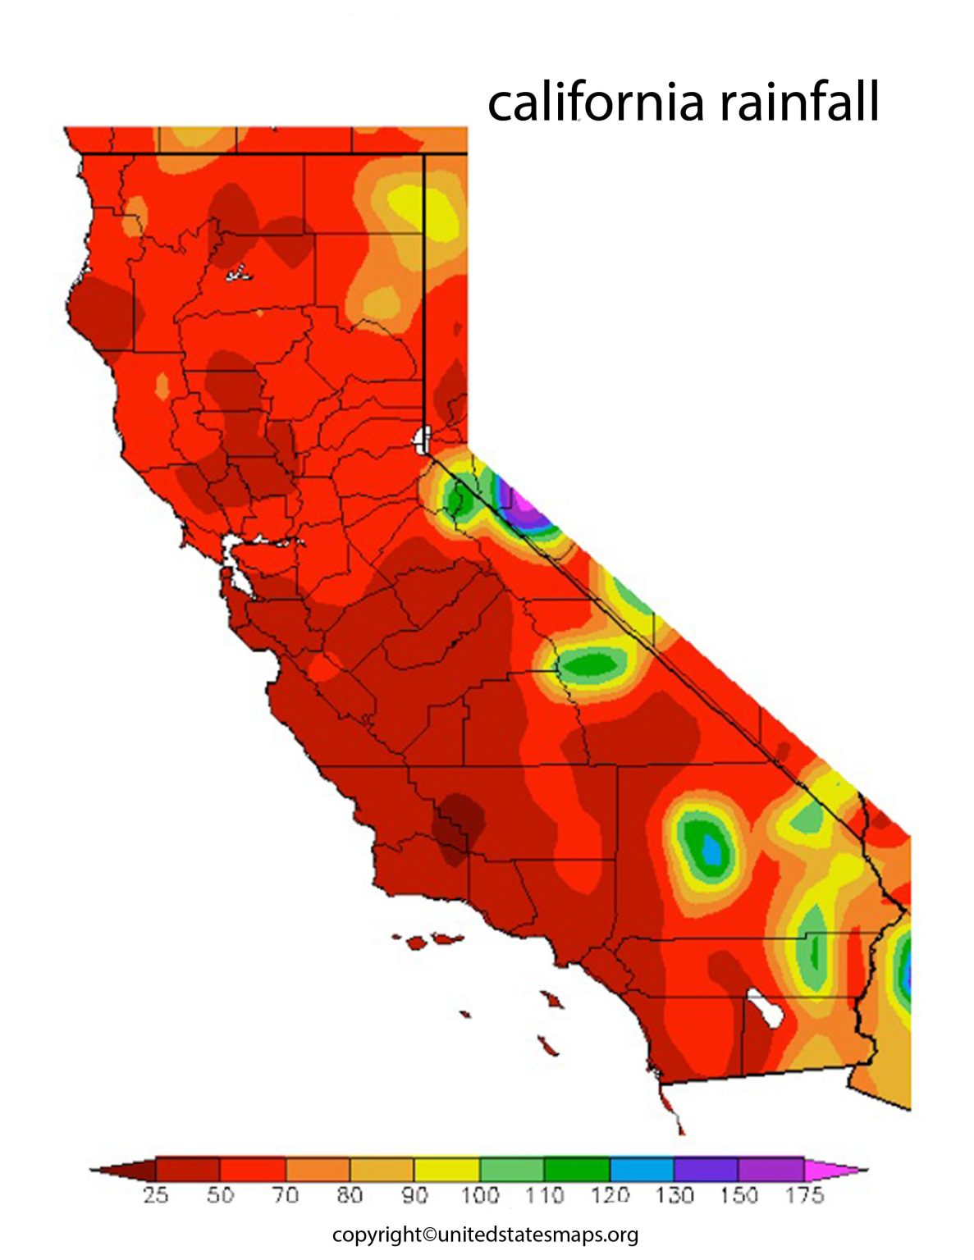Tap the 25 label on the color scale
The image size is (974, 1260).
click(x=155, y=1194)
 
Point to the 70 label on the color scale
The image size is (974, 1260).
click(x=285, y=1194)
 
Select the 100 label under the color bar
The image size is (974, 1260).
click(x=479, y=1194)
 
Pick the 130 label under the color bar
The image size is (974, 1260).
click(x=674, y=1194)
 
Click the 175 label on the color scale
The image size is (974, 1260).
click(x=803, y=1194)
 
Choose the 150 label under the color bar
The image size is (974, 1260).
click(x=739, y=1194)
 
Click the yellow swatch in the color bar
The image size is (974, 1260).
click(x=446, y=1168)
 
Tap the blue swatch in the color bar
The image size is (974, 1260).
click(x=642, y=1168)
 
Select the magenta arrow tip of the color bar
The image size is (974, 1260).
click(x=833, y=1168)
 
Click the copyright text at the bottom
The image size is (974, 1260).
click(x=485, y=1235)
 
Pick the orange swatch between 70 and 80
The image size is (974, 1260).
click(x=317, y=1168)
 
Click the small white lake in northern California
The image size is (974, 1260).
click(x=239, y=272)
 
